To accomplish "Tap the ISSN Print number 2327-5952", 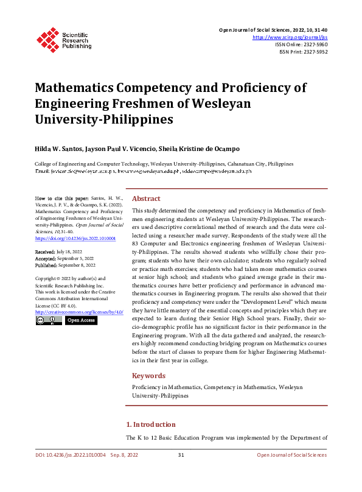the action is (313, 52).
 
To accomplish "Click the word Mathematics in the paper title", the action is (73, 87).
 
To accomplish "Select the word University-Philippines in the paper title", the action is (103, 119).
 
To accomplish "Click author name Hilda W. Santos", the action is (59, 147).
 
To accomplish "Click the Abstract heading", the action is (146, 199).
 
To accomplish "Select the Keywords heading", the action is (148, 376).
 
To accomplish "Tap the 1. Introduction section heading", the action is (150, 424).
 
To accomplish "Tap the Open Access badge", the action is (80, 320).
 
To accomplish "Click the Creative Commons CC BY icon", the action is (48, 320).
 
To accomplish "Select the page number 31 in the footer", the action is (181, 455).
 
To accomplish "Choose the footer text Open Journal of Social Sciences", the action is (291, 455).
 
